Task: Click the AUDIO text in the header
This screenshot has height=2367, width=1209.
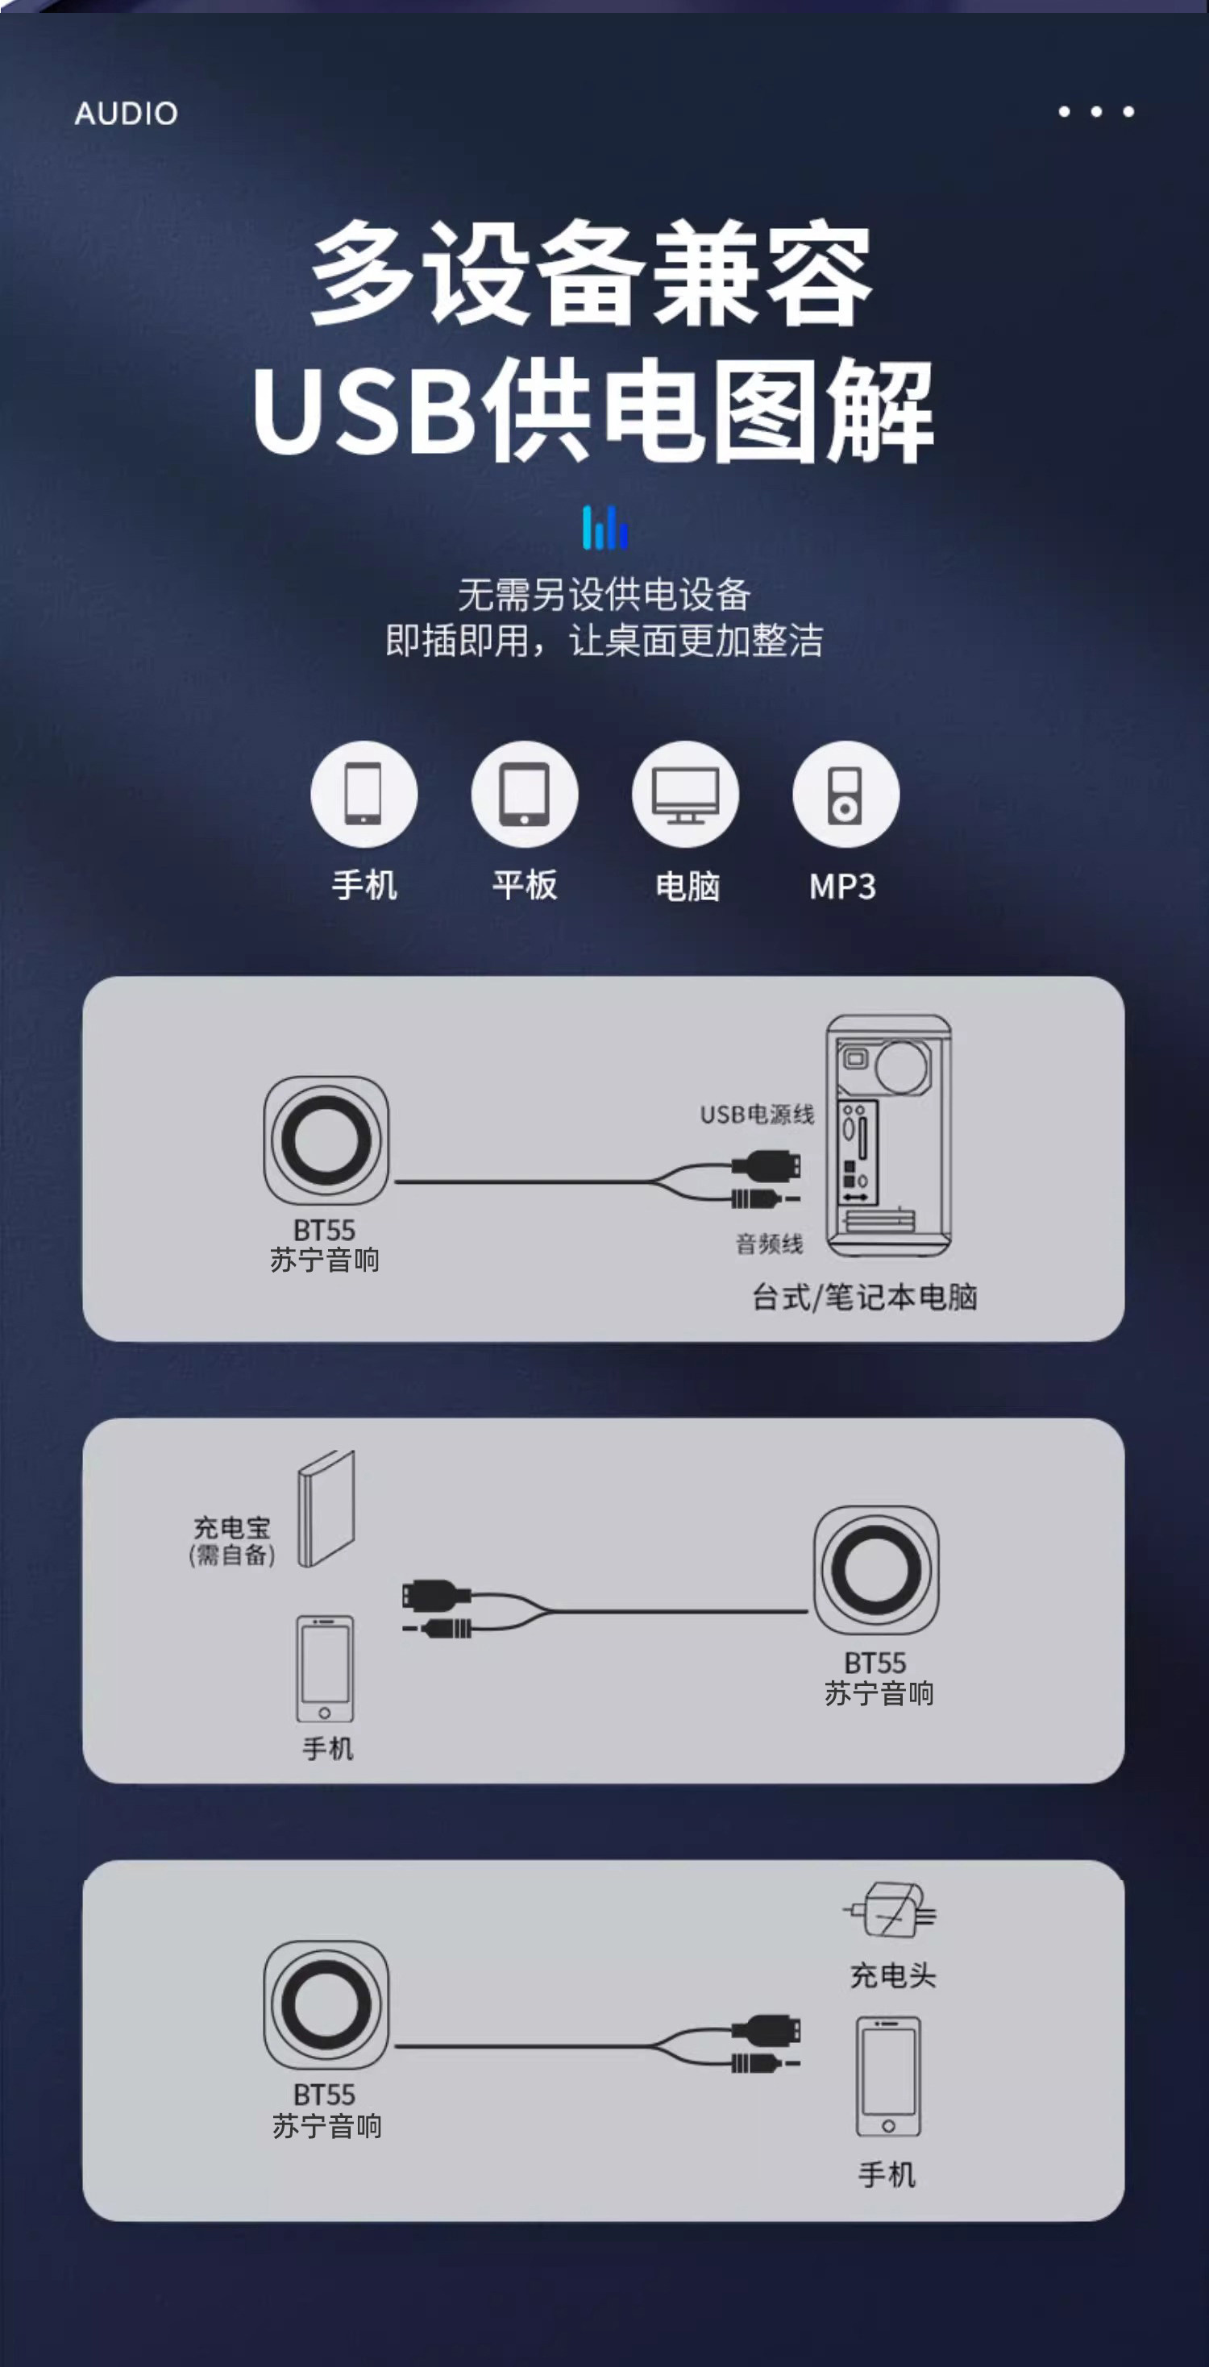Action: [x=126, y=113]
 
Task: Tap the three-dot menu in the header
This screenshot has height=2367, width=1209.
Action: [x=1096, y=111]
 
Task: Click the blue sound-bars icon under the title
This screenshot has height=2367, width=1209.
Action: [x=604, y=527]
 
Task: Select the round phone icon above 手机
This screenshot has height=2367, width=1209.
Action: [x=364, y=794]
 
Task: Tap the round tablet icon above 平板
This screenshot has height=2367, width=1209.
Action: [x=525, y=794]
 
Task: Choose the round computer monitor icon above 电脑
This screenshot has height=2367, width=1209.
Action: [x=685, y=794]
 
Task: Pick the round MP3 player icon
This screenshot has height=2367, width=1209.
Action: [x=846, y=794]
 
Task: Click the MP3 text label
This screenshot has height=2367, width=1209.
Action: [x=842, y=887]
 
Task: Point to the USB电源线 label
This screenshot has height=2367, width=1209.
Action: [x=757, y=1115]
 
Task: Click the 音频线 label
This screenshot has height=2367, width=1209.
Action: [x=770, y=1244]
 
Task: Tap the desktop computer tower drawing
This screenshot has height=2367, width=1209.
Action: [x=888, y=1136]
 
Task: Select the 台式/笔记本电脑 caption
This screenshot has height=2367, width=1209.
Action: [x=865, y=1298]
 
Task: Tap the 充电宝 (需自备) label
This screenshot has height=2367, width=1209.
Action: [x=231, y=1541]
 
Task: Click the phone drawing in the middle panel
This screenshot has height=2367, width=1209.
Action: [x=325, y=1668]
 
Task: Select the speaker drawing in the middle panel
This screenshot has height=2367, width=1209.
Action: [x=876, y=1569]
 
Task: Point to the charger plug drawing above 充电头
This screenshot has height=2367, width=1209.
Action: [x=890, y=1909]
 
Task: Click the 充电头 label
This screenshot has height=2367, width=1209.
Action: [x=893, y=1975]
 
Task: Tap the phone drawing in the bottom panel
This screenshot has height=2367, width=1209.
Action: [x=888, y=2077]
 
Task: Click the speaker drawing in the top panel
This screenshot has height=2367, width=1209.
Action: [x=326, y=1140]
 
